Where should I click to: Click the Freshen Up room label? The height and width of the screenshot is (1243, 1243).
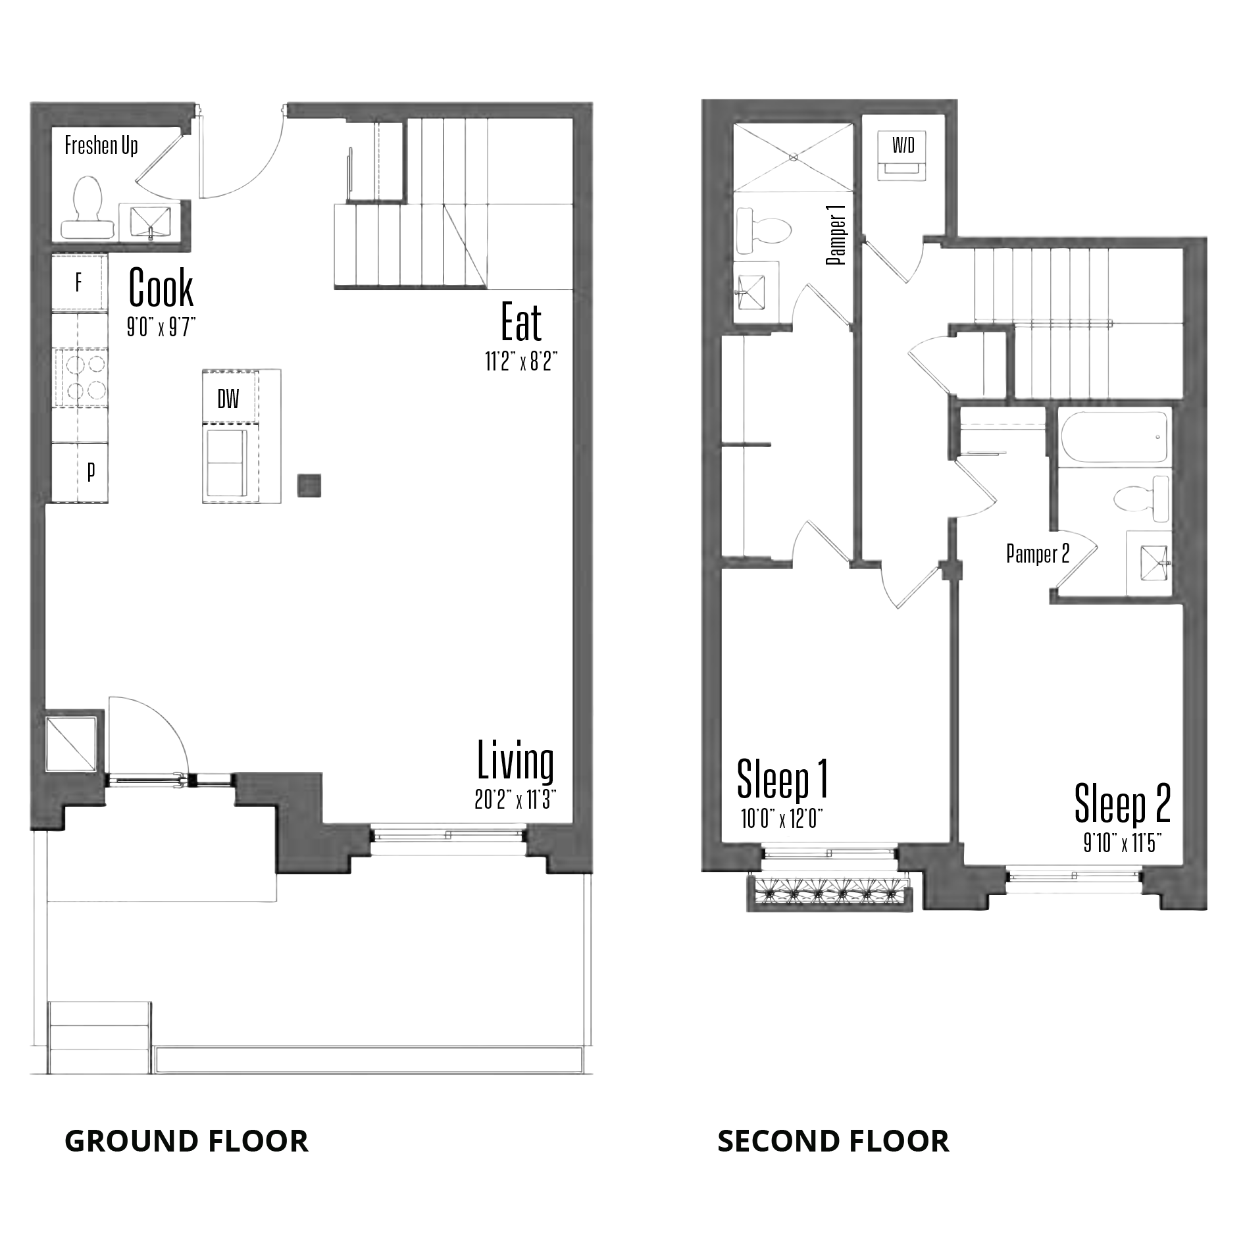[101, 145]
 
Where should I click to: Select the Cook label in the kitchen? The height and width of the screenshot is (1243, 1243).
[161, 288]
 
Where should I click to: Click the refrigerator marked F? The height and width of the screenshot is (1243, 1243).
[80, 282]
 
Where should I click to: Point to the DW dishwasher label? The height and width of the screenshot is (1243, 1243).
[228, 399]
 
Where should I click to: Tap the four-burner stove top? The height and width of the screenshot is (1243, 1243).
[84, 378]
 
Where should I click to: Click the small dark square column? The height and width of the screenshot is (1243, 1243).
[309, 486]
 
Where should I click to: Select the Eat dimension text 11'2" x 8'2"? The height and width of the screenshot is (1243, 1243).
[521, 362]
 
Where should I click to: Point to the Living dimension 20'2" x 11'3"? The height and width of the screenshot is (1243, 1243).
[516, 799]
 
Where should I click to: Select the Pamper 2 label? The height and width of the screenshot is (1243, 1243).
[1038, 554]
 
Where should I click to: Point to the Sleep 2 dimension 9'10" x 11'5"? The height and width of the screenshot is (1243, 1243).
[1121, 844]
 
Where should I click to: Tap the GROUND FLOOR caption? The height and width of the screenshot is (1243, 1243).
[186, 1141]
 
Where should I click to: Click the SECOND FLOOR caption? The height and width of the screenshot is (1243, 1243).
[833, 1141]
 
